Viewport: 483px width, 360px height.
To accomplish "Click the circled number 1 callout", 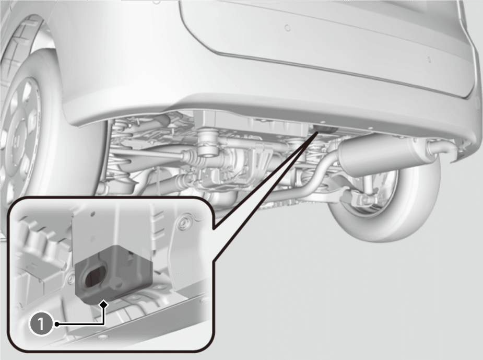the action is point(41,324).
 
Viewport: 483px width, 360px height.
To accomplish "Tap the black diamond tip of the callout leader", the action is point(104,304).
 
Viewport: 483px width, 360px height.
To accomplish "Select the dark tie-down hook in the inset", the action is point(114,274).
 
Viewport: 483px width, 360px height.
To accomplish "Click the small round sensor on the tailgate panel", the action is point(287,28).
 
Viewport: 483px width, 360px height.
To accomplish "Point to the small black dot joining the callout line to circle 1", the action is point(57,324).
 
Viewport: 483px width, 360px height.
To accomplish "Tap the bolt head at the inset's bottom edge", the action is point(102,337).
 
